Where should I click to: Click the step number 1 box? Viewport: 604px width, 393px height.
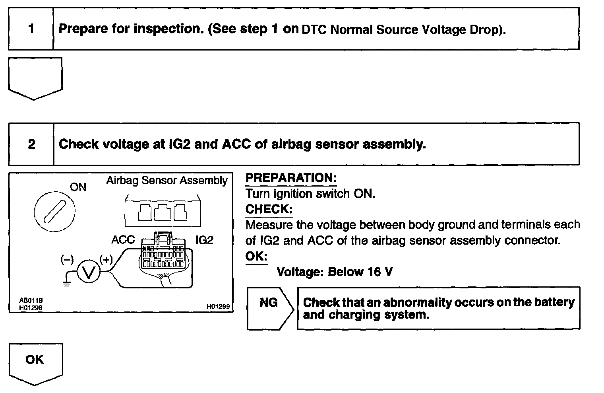click(x=31, y=29)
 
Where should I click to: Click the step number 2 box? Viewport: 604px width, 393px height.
click(x=31, y=144)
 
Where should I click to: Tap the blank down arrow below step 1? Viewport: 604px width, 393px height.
click(x=35, y=78)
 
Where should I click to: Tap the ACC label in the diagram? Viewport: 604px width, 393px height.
click(x=123, y=240)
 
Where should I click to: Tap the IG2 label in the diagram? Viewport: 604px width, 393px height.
click(x=204, y=240)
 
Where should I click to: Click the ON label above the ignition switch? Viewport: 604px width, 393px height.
click(x=78, y=187)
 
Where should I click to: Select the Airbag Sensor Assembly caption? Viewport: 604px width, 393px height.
click(x=167, y=181)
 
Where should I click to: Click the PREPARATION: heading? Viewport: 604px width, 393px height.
click(x=291, y=178)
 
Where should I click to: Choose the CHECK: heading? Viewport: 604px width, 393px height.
click(x=269, y=209)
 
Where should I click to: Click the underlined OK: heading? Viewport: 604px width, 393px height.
click(x=256, y=256)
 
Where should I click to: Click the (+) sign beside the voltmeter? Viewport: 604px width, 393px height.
click(x=106, y=260)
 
